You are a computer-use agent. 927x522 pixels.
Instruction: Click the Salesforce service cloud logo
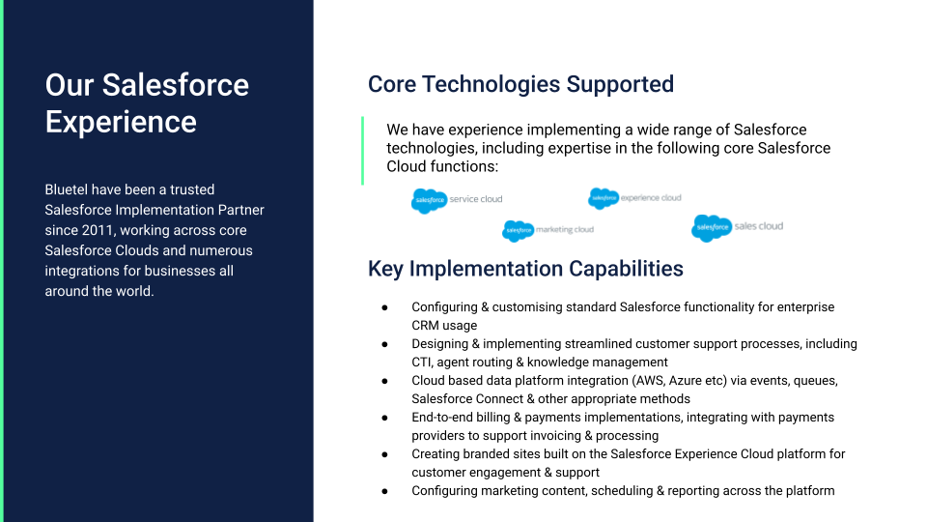tap(457, 200)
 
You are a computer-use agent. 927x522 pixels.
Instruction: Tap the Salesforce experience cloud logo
tap(634, 198)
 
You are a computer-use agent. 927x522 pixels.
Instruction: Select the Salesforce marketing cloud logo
tap(548, 230)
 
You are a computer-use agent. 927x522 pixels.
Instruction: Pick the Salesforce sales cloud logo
tap(738, 227)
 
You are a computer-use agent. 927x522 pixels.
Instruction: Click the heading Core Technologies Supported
tap(520, 84)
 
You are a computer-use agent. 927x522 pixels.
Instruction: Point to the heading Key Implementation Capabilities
tap(525, 268)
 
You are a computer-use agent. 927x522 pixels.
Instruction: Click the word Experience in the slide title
tap(121, 122)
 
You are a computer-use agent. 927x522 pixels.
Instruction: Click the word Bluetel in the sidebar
tap(69, 189)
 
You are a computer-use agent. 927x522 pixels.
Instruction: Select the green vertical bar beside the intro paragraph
tap(363, 150)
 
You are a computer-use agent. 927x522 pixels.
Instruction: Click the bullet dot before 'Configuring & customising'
tap(385, 307)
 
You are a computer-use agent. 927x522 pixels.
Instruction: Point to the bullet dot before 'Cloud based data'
tap(385, 381)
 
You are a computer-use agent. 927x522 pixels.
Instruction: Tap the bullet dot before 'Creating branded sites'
tap(385, 454)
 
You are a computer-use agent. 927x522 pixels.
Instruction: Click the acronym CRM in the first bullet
tap(427, 326)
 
